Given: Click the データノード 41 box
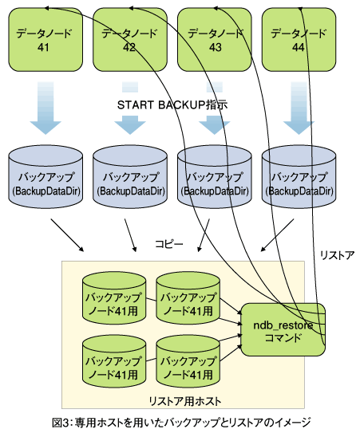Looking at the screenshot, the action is (45, 40).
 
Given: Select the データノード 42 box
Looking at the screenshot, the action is (130, 40).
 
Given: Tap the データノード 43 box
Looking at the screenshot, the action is (215, 40).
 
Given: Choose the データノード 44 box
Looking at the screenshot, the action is (299, 40).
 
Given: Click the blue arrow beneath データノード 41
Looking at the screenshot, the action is (45, 108).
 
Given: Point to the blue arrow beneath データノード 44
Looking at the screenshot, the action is (299, 108).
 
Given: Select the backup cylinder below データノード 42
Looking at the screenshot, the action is (130, 177).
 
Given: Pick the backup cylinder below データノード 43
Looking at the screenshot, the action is (215, 177).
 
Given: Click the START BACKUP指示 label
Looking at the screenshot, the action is (172, 105).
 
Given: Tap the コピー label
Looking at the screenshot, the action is (169, 244).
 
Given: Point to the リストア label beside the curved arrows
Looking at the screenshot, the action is (337, 255).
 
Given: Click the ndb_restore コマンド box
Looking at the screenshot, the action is (283, 329).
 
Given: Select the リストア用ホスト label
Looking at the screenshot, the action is (185, 401).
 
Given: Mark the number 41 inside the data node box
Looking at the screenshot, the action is (43, 48).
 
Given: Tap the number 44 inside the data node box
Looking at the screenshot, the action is (298, 48).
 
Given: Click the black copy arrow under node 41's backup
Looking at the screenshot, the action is (67, 235).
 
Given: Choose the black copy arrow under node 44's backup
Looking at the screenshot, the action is (277, 235).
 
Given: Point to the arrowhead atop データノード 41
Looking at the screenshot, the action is (47, 8).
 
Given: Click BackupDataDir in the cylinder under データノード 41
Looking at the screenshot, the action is (46, 191).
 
